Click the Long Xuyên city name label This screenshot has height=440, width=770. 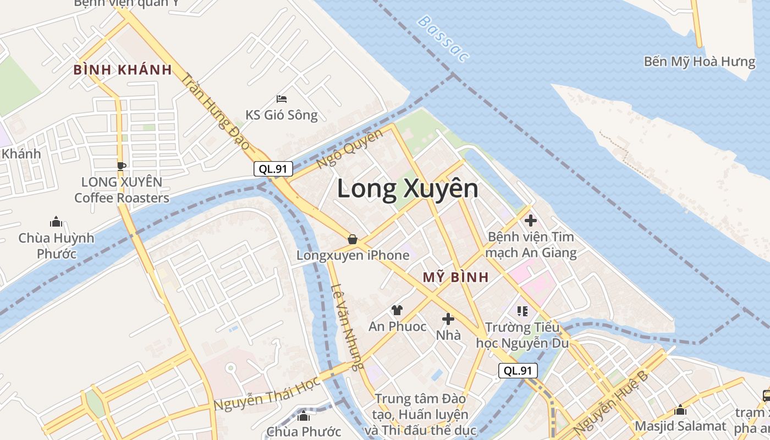[408, 189]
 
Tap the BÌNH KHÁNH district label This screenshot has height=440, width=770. [123, 70]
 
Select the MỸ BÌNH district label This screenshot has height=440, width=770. [455, 277]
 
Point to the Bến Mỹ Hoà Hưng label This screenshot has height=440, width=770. [700, 62]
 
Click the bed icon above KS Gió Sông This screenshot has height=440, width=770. [282, 99]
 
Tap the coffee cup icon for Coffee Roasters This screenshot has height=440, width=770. [122, 166]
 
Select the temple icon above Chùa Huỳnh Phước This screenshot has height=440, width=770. [56, 222]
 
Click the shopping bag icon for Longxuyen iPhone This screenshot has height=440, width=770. [353, 239]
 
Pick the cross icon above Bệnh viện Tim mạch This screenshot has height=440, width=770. [531, 221]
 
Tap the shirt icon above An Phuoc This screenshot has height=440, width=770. [397, 310]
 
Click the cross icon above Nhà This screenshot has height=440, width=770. [448, 318]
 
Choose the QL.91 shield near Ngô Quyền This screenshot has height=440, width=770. [273, 169]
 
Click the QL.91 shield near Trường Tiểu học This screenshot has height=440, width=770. [518, 371]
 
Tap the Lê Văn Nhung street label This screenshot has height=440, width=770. [349, 327]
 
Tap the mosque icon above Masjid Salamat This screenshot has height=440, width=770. [680, 410]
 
